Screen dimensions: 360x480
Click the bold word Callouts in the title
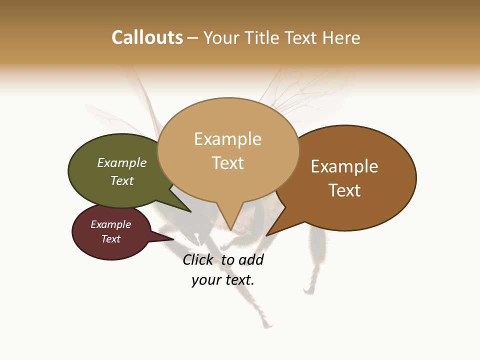(x=147, y=37)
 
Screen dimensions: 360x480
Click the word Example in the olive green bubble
(x=122, y=162)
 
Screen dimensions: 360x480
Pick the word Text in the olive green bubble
(x=122, y=180)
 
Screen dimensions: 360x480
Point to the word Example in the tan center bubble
(x=227, y=139)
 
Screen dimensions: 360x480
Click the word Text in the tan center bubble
(x=227, y=163)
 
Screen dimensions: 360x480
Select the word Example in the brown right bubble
(x=344, y=166)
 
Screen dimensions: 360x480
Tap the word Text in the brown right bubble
(x=344, y=190)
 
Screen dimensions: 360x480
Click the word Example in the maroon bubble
(x=110, y=224)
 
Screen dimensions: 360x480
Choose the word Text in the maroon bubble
(x=110, y=239)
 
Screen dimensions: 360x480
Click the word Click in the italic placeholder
(x=197, y=260)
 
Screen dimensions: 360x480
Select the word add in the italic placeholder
(x=251, y=260)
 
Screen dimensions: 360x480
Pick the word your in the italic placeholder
(x=205, y=280)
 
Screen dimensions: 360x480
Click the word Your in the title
(x=220, y=37)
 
